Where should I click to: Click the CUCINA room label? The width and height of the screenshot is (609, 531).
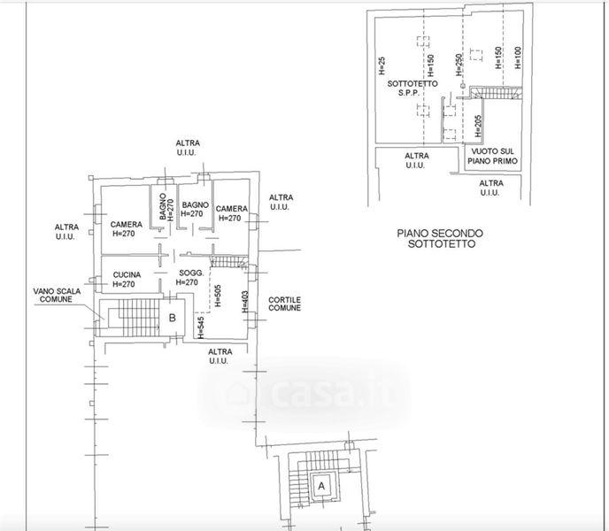[127, 275]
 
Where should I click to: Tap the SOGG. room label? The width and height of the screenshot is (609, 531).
[191, 273]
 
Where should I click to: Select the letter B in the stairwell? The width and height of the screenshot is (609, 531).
[173, 318]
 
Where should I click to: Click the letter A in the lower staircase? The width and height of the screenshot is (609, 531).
[321, 486]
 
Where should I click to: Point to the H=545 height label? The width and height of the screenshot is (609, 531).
[200, 327]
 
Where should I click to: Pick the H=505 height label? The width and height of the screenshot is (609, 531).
[218, 296]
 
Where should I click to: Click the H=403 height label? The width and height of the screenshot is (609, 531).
[245, 302]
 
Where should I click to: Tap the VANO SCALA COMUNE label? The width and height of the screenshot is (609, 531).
[57, 296]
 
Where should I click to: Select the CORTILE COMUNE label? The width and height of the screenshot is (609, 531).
[285, 304]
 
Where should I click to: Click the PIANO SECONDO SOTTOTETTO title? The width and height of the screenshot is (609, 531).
[440, 238]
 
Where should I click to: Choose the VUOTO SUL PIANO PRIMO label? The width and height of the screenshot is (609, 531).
[492, 156]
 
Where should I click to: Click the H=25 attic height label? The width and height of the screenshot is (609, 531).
[382, 65]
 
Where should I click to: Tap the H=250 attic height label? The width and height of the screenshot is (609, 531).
[459, 65]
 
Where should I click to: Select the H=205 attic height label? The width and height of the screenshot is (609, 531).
[478, 126]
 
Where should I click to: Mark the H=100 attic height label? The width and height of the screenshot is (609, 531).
[518, 58]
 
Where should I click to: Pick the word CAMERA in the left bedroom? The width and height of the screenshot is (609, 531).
[127, 225]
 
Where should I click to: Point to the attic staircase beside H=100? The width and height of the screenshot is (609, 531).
[496, 93]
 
